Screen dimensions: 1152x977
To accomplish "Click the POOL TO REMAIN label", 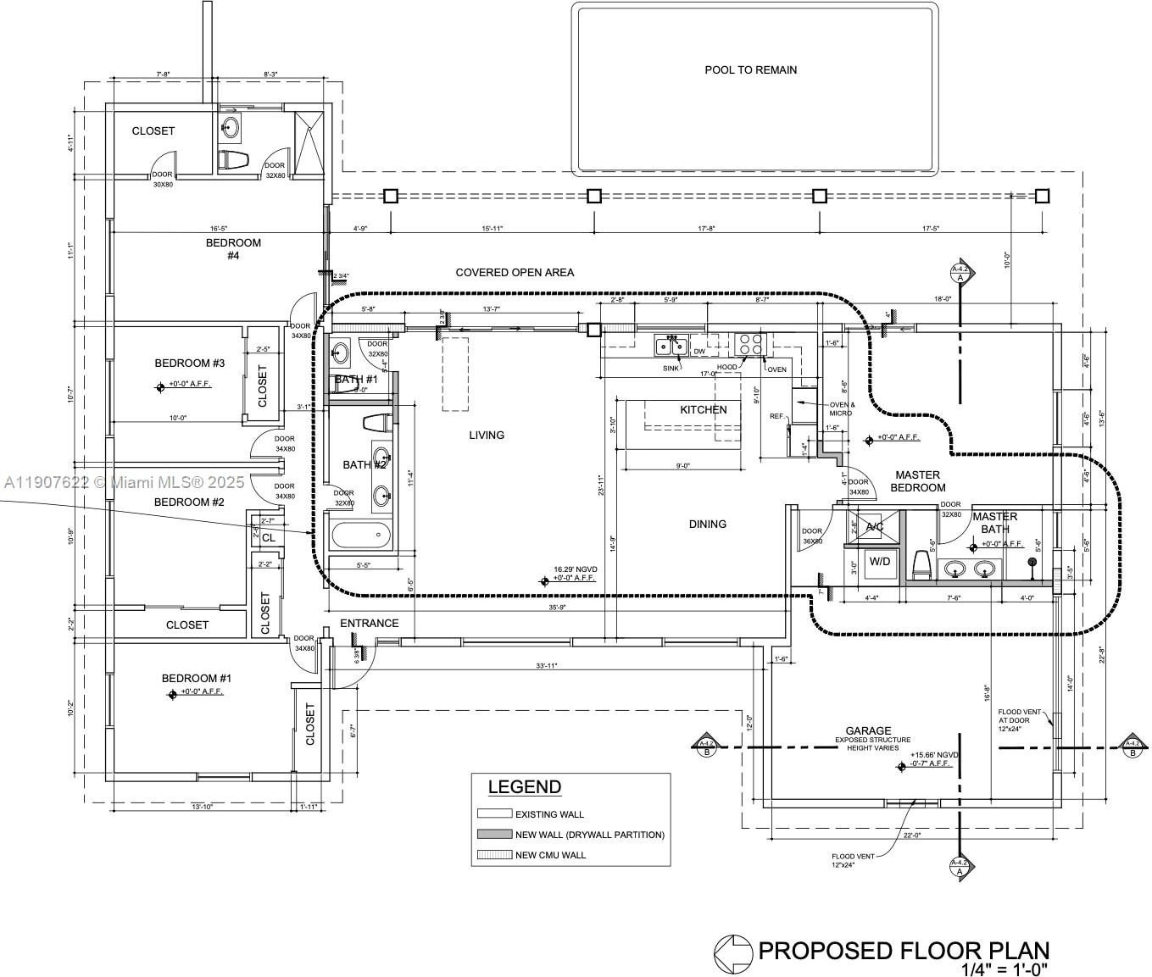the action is click(x=750, y=70).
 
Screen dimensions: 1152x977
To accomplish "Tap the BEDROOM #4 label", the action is click(x=233, y=248).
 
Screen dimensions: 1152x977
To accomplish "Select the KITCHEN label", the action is click(x=703, y=409).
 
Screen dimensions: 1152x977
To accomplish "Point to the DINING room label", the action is click(x=707, y=525).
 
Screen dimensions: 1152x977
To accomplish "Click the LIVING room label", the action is click(x=487, y=435).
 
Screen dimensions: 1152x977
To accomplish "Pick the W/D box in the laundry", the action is click(x=880, y=561).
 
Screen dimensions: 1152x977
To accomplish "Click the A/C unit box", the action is click(x=874, y=527).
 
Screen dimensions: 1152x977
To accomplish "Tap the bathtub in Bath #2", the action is click(x=362, y=536).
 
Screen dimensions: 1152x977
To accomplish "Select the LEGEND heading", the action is click(x=524, y=786).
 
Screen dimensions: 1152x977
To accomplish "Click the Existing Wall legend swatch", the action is click(x=494, y=813).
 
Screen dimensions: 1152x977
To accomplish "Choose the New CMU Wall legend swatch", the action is click(x=494, y=855).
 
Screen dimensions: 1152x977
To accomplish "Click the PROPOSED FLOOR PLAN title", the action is click(x=904, y=951).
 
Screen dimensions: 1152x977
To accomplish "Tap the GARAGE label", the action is click(x=868, y=730).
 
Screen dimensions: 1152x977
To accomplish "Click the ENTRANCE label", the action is click(x=369, y=623).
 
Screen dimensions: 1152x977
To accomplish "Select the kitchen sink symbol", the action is click(x=670, y=345).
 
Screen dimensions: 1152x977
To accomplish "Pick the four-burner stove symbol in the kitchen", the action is click(x=750, y=344).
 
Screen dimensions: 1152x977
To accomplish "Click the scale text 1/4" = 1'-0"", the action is click(x=1005, y=969).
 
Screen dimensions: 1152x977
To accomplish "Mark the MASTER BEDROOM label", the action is click(x=917, y=481).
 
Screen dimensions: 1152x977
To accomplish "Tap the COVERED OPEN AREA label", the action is click(x=515, y=272).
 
